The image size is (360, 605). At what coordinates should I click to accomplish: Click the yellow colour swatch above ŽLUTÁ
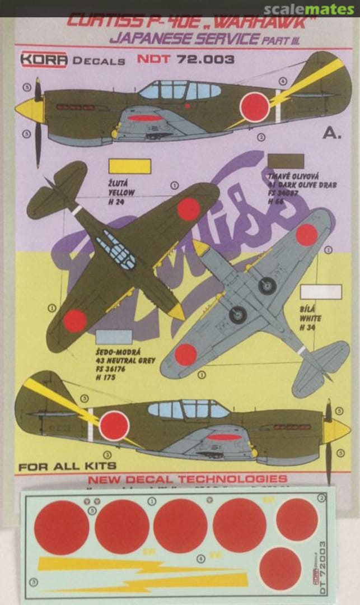(129, 166)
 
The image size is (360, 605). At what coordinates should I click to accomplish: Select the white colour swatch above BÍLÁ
(321, 292)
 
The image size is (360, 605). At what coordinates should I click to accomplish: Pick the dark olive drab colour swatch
(286, 161)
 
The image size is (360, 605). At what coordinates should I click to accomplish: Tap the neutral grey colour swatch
(114, 337)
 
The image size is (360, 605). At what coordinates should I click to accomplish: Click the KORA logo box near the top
(44, 60)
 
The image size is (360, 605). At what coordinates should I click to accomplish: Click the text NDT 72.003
(185, 60)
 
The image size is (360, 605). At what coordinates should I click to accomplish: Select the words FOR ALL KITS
(67, 466)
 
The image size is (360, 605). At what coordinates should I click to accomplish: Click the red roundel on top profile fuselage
(255, 107)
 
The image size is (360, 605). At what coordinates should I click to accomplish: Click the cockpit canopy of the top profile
(179, 90)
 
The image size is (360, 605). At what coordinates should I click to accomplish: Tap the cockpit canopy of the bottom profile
(188, 410)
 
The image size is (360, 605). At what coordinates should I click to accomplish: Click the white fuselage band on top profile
(278, 106)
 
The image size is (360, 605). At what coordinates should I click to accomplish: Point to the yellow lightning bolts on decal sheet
(140, 574)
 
